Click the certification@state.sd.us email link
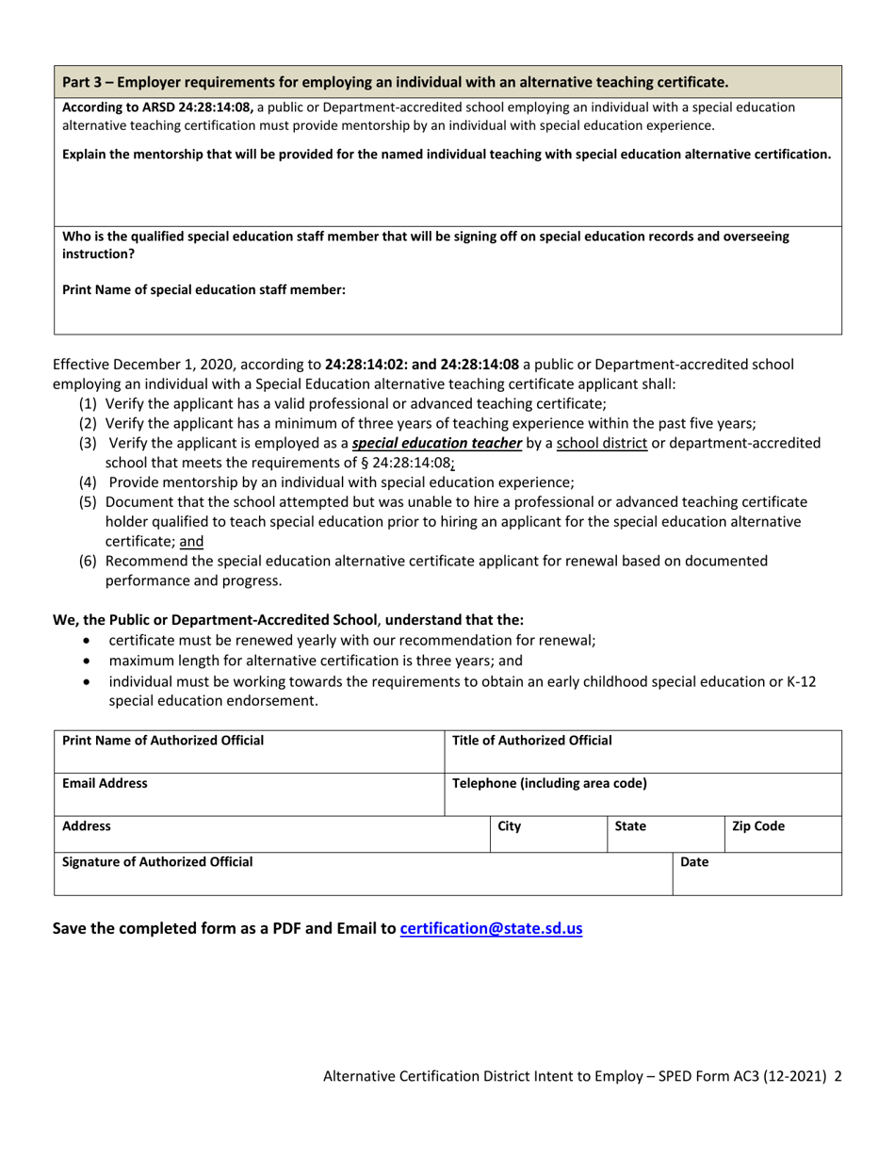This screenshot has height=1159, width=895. pos(491,928)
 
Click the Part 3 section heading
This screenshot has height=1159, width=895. pos(395,81)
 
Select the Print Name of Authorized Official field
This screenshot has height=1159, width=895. pos(248,751)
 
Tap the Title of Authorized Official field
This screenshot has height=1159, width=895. pos(643,751)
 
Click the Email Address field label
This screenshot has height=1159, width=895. pos(105,782)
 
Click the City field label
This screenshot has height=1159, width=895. pos(509,826)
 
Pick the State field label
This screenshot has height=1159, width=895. pos(630,826)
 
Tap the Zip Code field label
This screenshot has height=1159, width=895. pos(757,826)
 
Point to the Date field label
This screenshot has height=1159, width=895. pos(693,861)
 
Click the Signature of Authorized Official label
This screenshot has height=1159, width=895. pos(157,861)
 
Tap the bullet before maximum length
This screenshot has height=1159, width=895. pos(88,661)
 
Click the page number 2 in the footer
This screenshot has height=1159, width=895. pos(838,1075)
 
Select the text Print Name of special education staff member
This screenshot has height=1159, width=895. pos(203,290)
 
